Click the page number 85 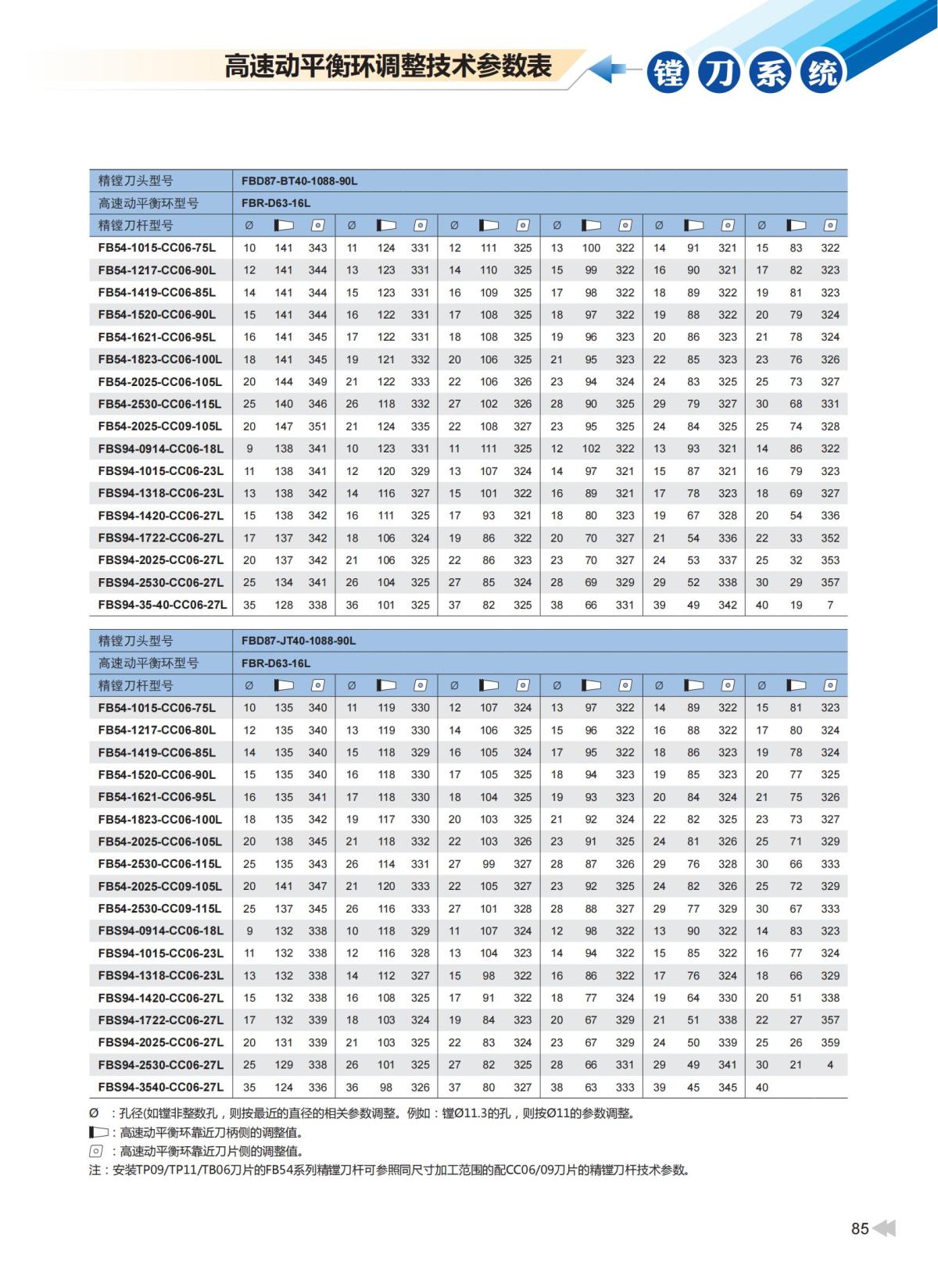(x=859, y=1228)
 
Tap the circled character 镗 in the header (x=668, y=73)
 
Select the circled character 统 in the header (x=822, y=73)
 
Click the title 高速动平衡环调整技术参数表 (x=388, y=66)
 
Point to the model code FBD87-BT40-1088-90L (x=299, y=181)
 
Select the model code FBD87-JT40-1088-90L (x=299, y=641)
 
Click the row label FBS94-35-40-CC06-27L (x=163, y=605)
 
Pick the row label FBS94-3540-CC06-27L (x=161, y=1087)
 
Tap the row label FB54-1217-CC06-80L (x=157, y=730)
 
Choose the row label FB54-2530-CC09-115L (x=160, y=909)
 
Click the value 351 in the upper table (x=317, y=427)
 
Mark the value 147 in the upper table (x=284, y=427)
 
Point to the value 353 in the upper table (x=830, y=560)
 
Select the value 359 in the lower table (x=830, y=1042)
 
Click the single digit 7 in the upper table (x=830, y=605)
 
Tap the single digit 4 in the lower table (x=830, y=1065)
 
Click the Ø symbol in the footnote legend (x=94, y=1113)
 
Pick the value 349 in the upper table (x=317, y=382)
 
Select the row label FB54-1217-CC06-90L (x=157, y=270)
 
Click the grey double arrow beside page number (x=884, y=1228)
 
